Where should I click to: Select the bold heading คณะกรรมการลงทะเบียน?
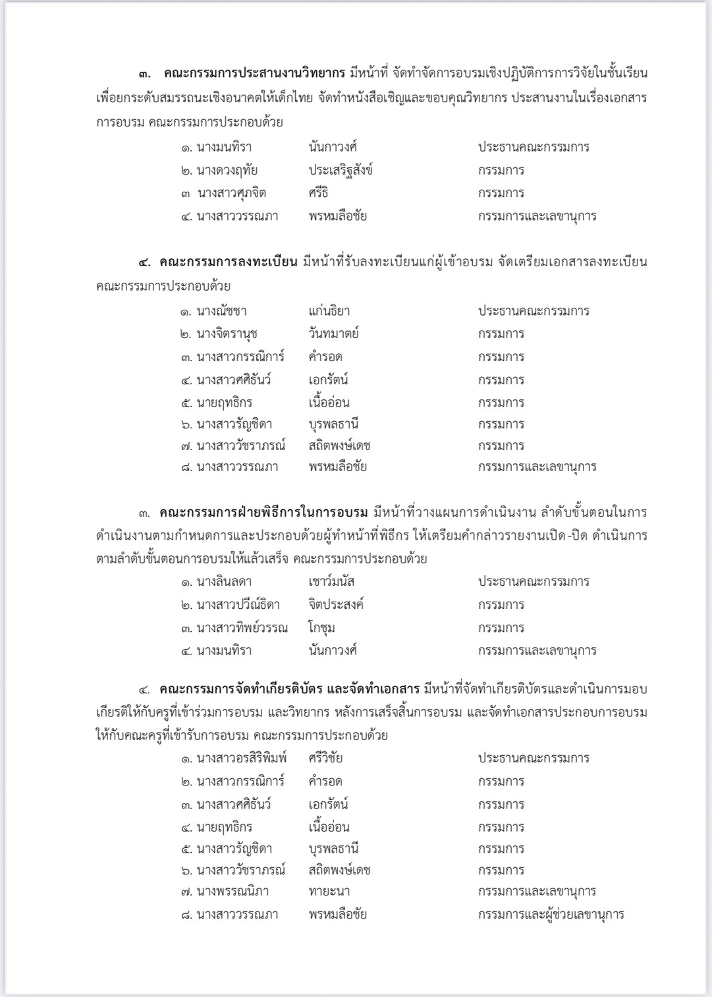[x=228, y=262]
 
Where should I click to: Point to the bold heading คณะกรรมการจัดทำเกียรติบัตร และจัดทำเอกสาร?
[x=289, y=690]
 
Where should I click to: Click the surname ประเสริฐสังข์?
[x=341, y=170]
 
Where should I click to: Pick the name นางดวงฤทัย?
[x=227, y=170]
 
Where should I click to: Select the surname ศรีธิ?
[x=318, y=193]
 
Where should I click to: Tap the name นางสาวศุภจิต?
[x=231, y=193]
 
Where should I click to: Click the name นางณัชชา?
[x=221, y=311]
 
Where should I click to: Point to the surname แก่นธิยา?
[x=329, y=311]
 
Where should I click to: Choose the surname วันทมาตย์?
[x=333, y=333]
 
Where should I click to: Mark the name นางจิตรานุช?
[x=227, y=333]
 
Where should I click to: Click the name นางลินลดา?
[x=224, y=582]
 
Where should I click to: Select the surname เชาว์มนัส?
[x=331, y=582]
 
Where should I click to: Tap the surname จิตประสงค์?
[x=336, y=604]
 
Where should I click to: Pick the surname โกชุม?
[x=321, y=627]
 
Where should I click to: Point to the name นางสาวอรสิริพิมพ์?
[x=242, y=758]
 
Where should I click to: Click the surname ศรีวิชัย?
[x=325, y=758]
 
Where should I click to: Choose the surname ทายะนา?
[x=329, y=892]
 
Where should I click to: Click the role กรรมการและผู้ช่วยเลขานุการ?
[x=551, y=915]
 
